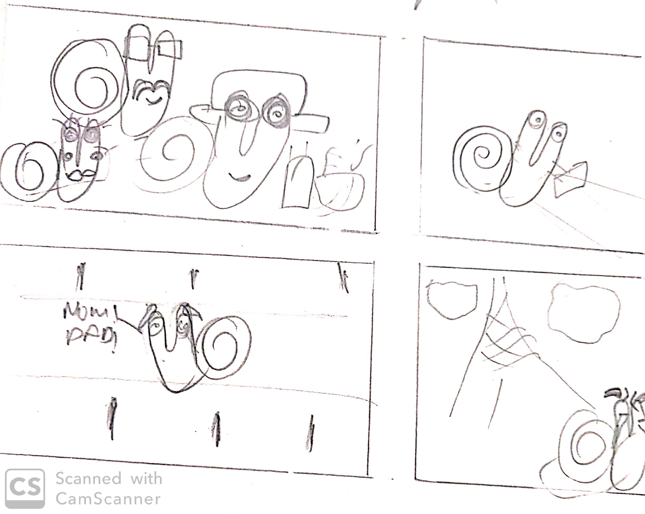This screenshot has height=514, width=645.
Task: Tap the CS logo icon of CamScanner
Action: (25, 488)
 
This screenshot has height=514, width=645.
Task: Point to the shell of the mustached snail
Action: (28, 167)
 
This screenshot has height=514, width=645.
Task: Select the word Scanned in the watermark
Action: (89, 478)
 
